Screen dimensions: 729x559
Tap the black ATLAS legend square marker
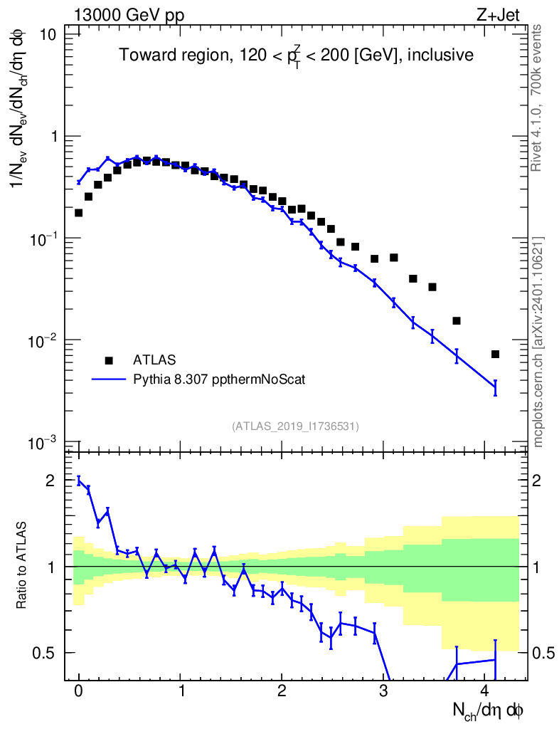click(x=109, y=360)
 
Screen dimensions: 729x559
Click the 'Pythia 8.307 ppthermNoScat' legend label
click(x=219, y=379)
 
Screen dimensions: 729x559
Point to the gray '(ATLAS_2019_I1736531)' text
click(x=295, y=426)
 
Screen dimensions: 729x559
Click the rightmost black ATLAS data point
click(x=495, y=354)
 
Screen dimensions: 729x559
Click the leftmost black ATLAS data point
click(x=78, y=213)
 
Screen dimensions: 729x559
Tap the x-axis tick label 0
click(x=78, y=691)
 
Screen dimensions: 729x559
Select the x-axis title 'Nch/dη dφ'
click(x=489, y=710)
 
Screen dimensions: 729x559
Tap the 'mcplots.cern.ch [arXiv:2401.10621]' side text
click(x=538, y=342)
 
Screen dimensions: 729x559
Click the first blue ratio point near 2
click(x=78, y=480)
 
